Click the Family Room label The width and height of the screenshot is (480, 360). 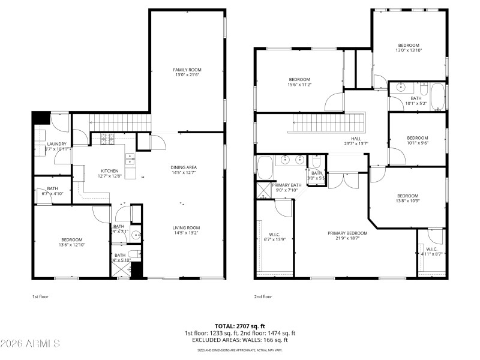pyautogui.click(x=187, y=70)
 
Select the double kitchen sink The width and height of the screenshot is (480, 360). pyautogui.click(x=130, y=159)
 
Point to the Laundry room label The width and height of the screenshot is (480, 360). pyautogui.click(x=56, y=144)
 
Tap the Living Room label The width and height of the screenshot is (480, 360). pyautogui.click(x=186, y=227)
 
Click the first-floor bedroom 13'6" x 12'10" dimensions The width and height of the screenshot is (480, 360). pyautogui.click(x=71, y=245)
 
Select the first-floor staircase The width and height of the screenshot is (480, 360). pyautogui.click(x=119, y=122)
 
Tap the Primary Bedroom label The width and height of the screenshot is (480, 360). pyautogui.click(x=347, y=233)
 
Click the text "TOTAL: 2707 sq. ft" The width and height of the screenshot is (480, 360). pyautogui.click(x=239, y=326)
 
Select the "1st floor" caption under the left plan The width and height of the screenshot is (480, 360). pyautogui.click(x=40, y=296)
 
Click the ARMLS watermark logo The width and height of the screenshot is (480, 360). pyautogui.click(x=30, y=344)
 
